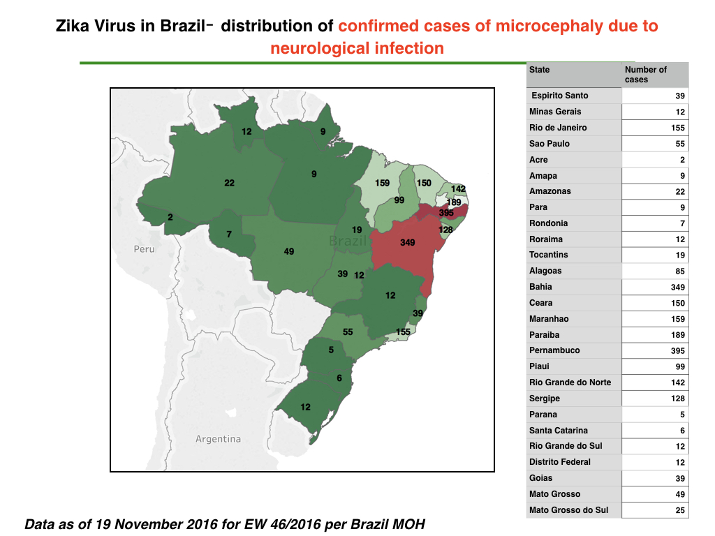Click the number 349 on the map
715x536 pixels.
[408, 242]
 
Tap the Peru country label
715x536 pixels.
[144, 249]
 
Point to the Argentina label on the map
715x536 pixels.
[218, 439]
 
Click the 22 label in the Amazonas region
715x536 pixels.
[229, 183]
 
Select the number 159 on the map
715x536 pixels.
[382, 183]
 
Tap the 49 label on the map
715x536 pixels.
[289, 251]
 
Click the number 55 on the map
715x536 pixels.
[348, 332]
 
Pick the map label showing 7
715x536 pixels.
[229, 234]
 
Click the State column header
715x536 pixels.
[540, 70]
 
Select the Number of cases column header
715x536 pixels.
[646, 75]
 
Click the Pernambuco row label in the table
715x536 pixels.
[554, 350]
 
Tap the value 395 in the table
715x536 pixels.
[677, 351]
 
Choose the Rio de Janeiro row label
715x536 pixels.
[558, 128]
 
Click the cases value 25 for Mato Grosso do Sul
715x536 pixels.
[680, 510]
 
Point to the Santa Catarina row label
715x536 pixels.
[559, 430]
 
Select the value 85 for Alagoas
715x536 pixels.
[680, 271]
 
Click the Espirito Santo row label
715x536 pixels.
[560, 96]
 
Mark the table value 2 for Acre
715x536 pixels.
[683, 160]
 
